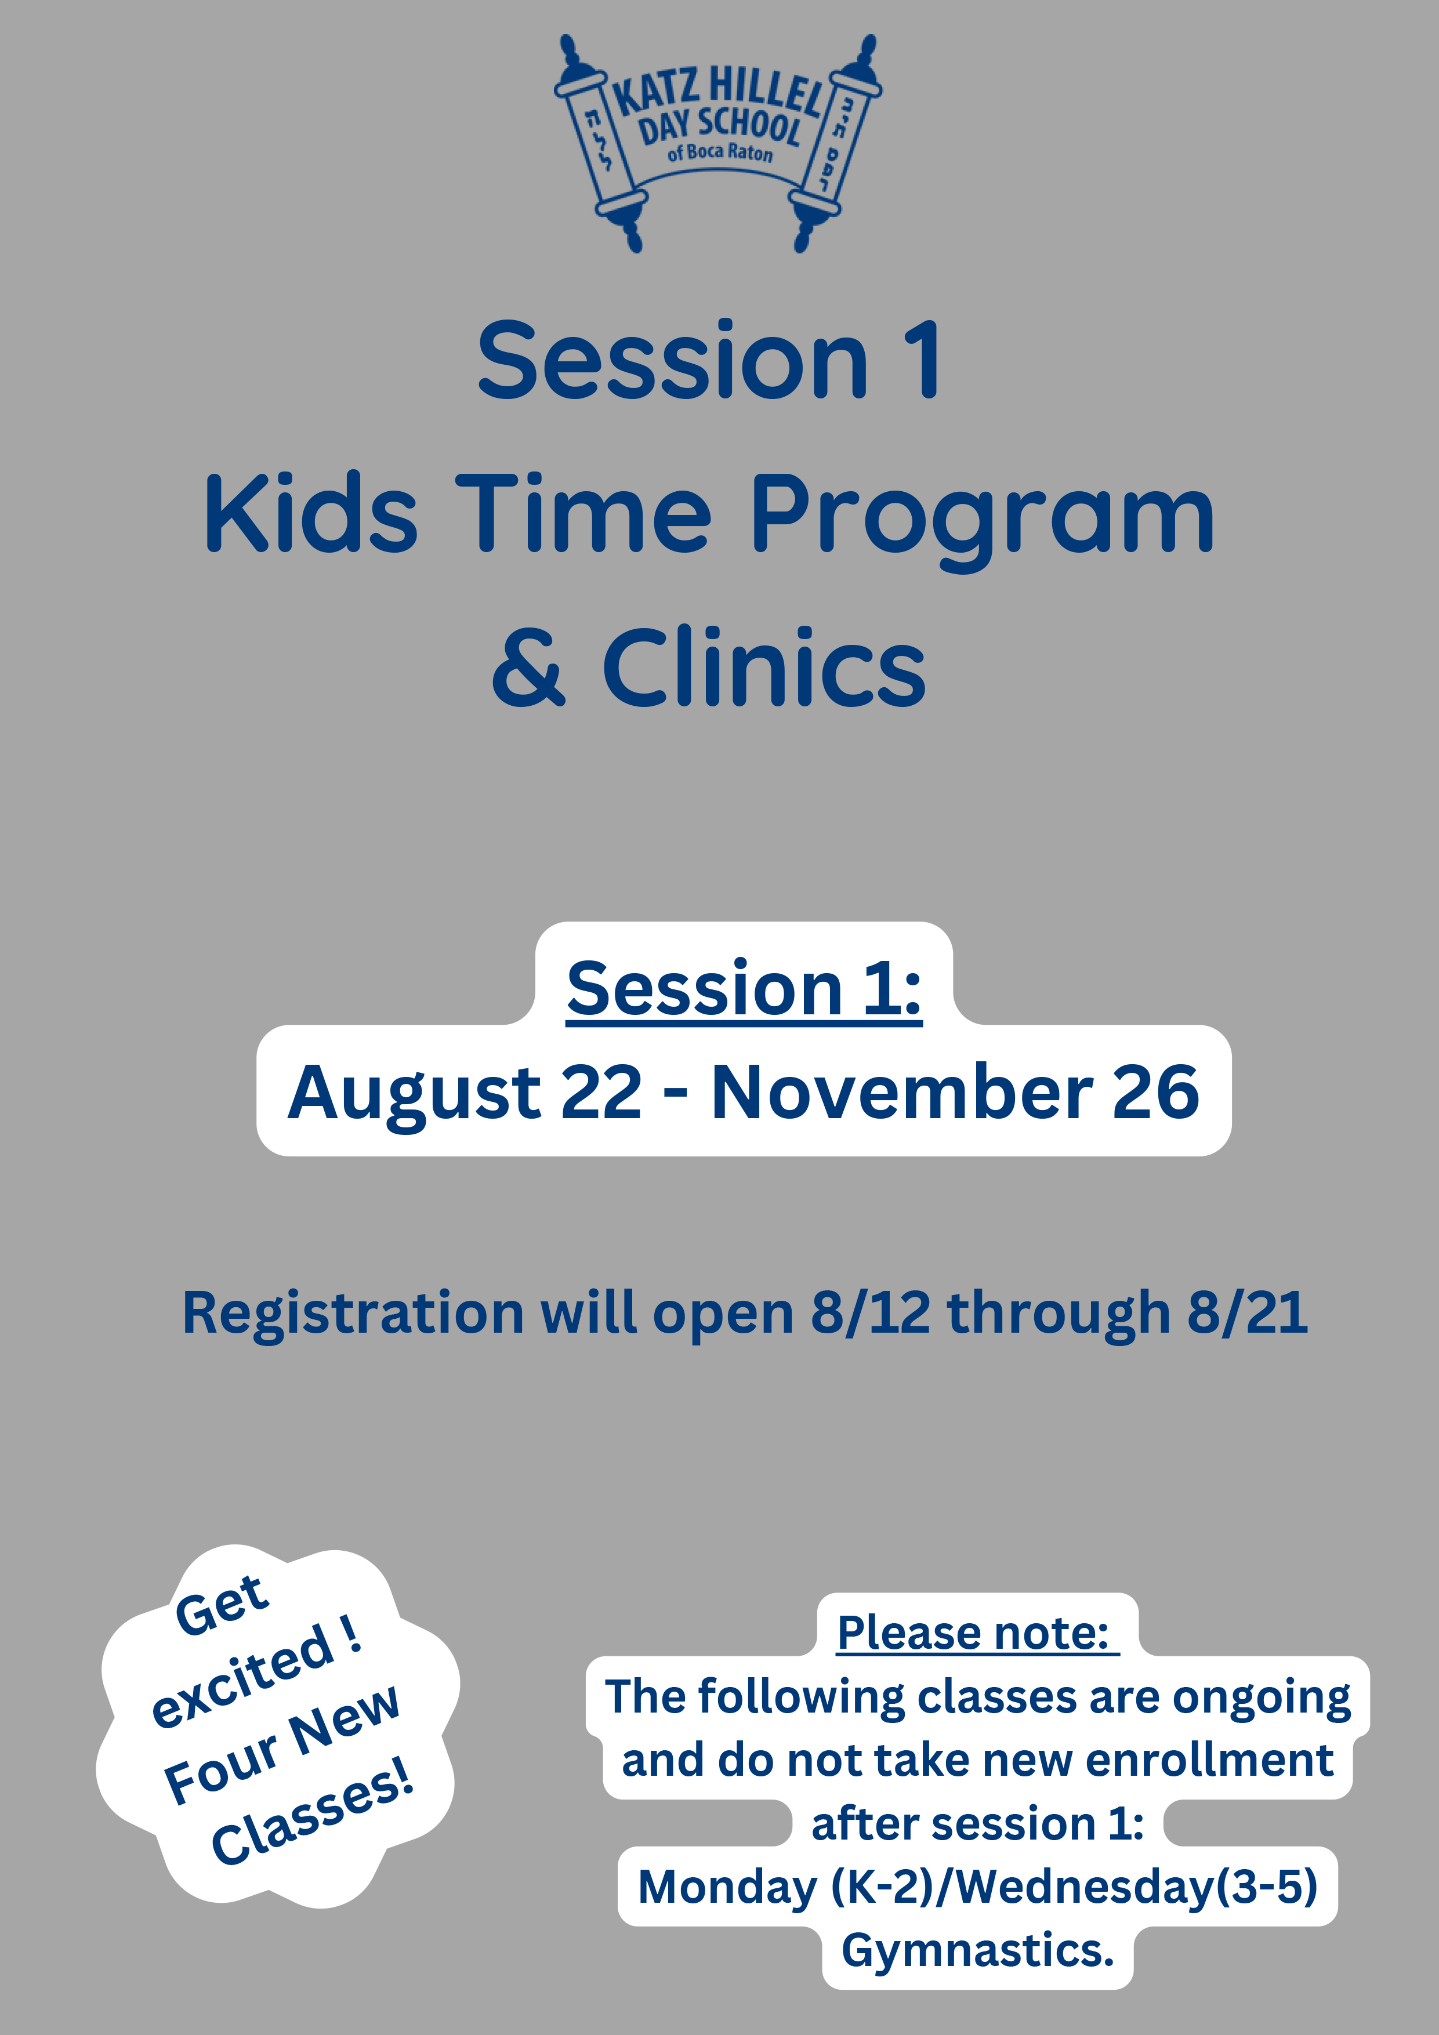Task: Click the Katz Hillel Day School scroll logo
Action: pyautogui.click(x=718, y=144)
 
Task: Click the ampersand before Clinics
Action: pyautogui.click(x=528, y=666)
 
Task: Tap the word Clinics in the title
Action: pyautogui.click(x=764, y=666)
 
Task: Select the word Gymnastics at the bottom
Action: pyautogui.click(x=977, y=1951)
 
